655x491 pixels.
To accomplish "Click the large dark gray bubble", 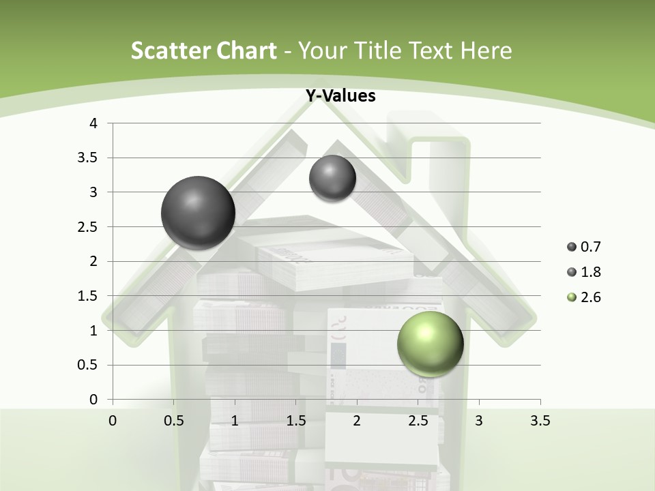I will tap(198, 213).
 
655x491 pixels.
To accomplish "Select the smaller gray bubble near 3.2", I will tap(332, 178).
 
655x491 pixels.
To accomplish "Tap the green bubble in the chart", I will tap(431, 344).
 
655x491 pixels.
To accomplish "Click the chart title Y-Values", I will tap(340, 96).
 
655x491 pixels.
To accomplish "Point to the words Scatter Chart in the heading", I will tap(204, 50).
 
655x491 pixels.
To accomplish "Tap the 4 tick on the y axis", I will tap(94, 123).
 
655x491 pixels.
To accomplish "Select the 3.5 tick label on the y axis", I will tap(89, 158).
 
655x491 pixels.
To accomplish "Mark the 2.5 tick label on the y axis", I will tap(89, 226).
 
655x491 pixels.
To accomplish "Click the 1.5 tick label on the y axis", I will tap(89, 295).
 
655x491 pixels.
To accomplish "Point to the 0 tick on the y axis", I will tap(94, 399).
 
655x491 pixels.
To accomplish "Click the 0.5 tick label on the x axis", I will tap(173, 421).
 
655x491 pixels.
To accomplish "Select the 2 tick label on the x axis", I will tap(357, 421).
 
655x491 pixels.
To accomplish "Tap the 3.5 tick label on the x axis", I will tap(540, 421).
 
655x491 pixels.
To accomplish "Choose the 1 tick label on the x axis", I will tap(235, 421).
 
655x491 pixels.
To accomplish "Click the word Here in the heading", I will tap(485, 50).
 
